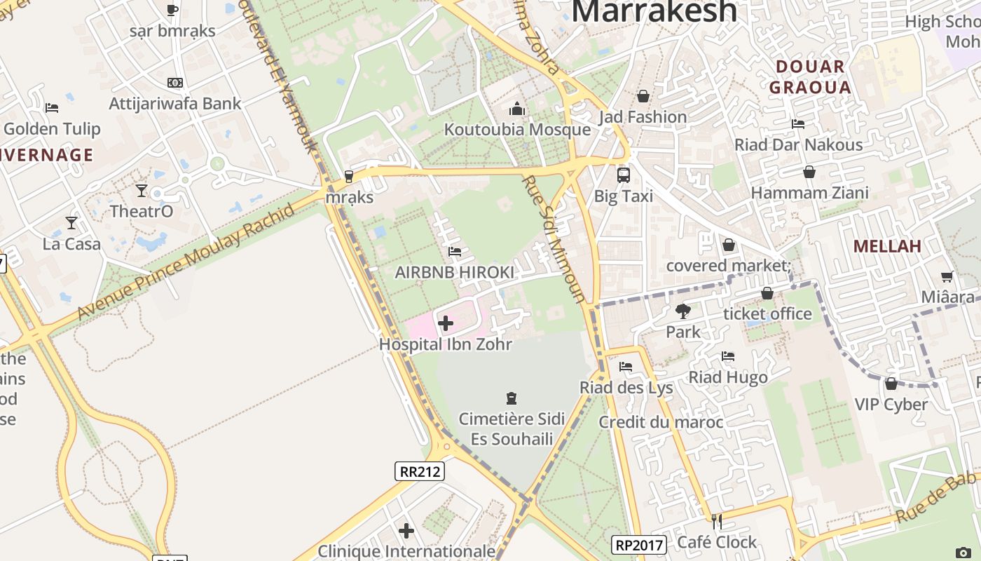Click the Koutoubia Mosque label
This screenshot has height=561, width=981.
click(x=517, y=130)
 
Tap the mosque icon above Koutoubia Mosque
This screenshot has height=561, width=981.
click(x=517, y=109)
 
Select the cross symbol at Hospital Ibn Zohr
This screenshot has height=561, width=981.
click(x=445, y=323)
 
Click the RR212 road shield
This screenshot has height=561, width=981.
click(x=420, y=471)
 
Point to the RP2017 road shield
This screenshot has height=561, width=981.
click(x=638, y=545)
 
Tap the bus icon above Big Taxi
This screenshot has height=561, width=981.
click(x=623, y=175)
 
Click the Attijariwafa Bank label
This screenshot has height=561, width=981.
click(x=174, y=104)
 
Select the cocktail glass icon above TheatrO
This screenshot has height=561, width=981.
click(x=142, y=191)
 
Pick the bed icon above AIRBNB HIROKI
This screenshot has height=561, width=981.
click(x=455, y=252)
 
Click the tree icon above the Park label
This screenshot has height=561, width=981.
click(x=683, y=311)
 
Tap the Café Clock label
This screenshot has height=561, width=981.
click(x=717, y=542)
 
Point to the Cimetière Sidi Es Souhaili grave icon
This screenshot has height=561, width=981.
click(x=512, y=398)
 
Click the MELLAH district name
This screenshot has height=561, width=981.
click(x=886, y=246)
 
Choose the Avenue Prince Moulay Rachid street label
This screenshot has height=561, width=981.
click(x=186, y=262)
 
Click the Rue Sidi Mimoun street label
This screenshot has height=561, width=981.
click(x=554, y=238)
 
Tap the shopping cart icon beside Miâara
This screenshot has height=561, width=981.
click(x=947, y=277)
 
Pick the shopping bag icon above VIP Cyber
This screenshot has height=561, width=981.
click(x=891, y=384)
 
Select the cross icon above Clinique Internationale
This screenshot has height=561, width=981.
click(x=406, y=531)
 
